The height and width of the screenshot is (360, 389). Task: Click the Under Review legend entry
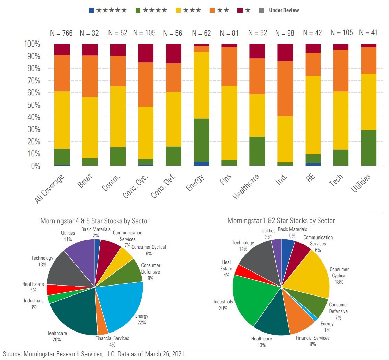tap(284, 10)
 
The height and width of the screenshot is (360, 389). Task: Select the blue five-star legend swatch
tap(91, 10)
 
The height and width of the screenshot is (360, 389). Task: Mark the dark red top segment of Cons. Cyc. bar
tap(145, 53)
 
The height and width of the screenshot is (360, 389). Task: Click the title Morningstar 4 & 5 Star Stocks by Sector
tap(95, 221)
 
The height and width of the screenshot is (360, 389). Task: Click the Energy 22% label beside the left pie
tap(141, 319)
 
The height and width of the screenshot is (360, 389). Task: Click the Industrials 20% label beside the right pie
tap(223, 305)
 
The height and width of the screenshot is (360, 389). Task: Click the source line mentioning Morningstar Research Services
tap(94, 354)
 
